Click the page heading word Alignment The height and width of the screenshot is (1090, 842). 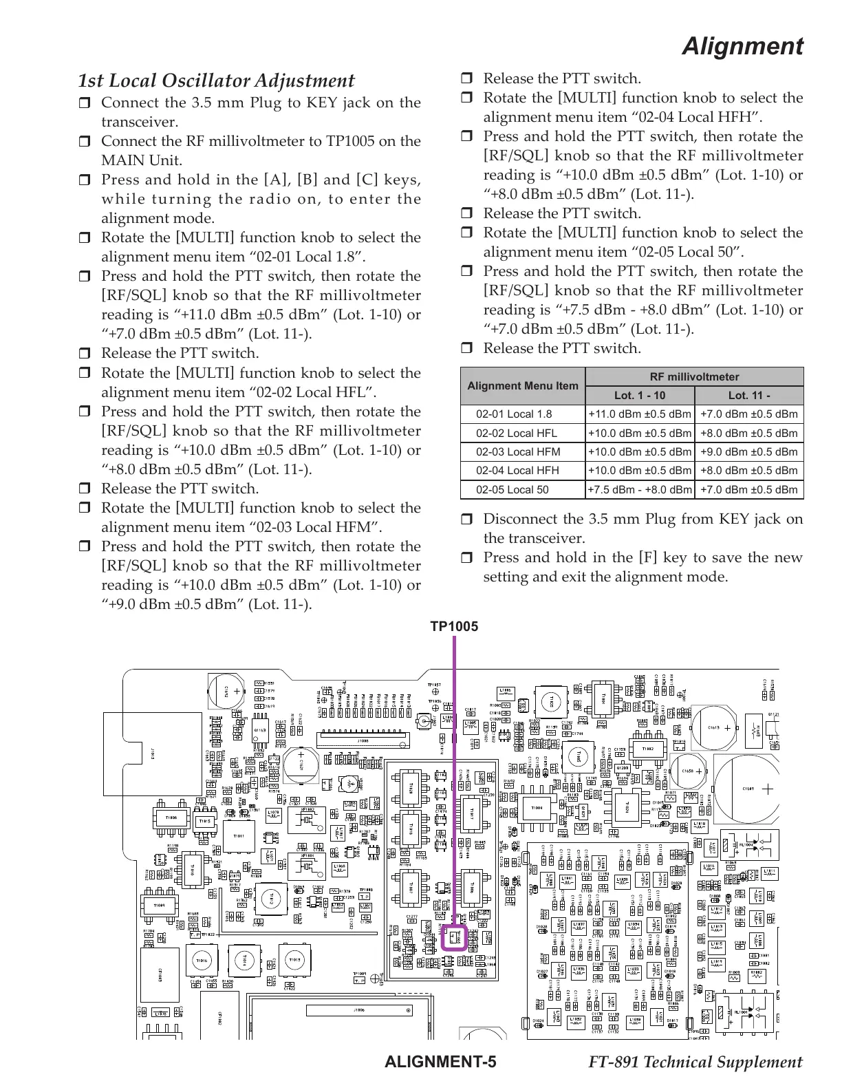point(742,47)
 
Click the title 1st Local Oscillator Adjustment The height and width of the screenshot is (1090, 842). point(216,81)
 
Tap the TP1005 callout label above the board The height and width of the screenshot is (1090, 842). point(454,626)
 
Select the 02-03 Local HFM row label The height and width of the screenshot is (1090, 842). point(518,452)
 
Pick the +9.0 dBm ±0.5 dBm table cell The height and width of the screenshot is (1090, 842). point(749,452)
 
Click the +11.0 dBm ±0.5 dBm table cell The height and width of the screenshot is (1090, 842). point(640,414)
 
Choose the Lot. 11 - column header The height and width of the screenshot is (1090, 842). point(749,396)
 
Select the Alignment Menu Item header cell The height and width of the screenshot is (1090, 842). point(522,386)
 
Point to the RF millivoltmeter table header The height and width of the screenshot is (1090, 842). point(694,376)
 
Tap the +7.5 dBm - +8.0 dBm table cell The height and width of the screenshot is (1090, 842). point(640,490)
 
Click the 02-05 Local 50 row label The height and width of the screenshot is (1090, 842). point(512,490)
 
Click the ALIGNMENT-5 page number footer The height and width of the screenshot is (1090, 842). point(441,1062)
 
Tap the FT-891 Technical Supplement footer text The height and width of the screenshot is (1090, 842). point(695,1062)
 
